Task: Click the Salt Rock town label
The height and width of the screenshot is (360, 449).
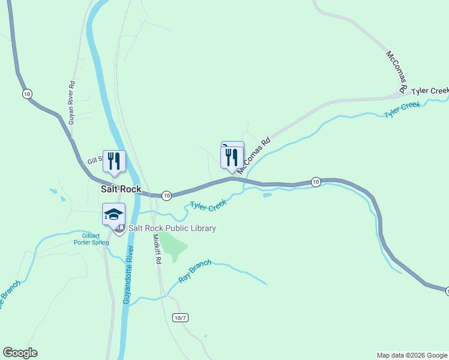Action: pos(121,189)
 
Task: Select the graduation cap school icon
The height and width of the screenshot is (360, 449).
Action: pos(113,214)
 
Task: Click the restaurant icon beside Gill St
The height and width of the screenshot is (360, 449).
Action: pos(114,161)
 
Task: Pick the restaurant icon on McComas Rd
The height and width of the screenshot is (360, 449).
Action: pos(232,157)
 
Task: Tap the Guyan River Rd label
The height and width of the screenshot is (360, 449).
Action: pos(71,102)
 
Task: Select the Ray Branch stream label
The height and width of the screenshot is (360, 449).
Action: pos(196,272)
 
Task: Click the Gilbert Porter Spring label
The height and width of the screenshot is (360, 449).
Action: pos(91,239)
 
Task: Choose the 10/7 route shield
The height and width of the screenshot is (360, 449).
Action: pos(179,317)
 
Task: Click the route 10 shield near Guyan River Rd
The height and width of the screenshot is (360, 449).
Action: pos(26,94)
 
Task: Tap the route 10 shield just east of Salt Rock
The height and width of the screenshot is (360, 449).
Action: pos(167,195)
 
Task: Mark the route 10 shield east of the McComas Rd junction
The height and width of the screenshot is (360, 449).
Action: pos(316,181)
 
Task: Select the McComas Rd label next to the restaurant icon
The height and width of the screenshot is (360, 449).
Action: pos(255,157)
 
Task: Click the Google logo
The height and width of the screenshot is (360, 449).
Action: pos(20,353)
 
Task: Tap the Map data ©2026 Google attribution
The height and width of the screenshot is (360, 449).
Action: pos(411,355)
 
